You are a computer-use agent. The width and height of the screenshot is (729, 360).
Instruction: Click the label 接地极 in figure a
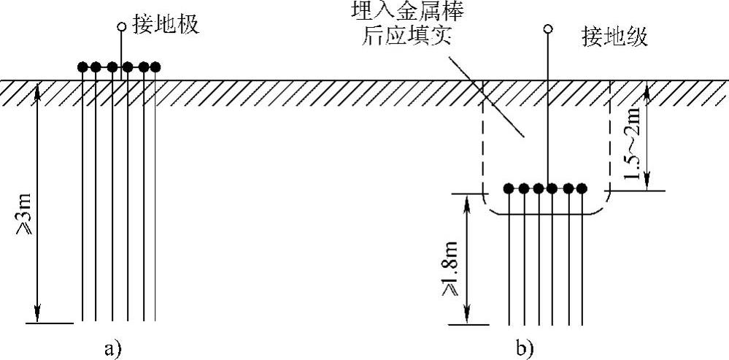click(166, 26)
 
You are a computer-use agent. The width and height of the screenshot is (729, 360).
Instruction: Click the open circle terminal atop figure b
click(548, 29)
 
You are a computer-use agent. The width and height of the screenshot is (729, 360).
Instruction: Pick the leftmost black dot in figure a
click(83, 67)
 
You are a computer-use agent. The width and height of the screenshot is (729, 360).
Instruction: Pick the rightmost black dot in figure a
click(155, 67)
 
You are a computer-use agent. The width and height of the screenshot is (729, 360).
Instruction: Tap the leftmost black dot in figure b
click(510, 188)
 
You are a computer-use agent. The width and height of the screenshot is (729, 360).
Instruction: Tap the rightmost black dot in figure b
click(582, 188)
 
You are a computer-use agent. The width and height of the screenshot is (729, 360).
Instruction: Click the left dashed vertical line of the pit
click(482, 146)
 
